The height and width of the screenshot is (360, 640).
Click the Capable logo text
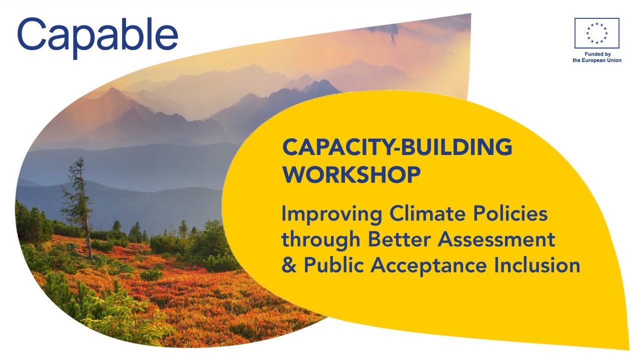coord(97,36)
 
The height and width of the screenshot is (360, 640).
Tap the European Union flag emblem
coord(596,33)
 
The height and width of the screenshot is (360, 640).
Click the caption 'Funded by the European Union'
coord(596,57)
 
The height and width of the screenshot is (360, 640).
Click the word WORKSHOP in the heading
coord(351,174)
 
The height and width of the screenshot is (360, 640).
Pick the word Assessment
coord(497,239)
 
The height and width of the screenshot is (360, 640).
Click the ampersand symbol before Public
coord(288,265)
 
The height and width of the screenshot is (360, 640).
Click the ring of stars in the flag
coord(596,33)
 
